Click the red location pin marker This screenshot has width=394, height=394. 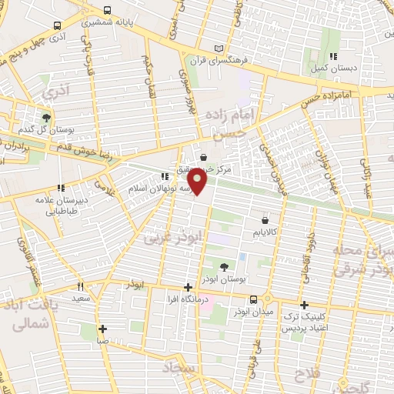pos(198,182)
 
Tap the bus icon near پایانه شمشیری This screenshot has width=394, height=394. pos(105,12)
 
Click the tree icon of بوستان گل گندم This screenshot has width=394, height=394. pos(47,118)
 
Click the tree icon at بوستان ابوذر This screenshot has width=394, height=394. pos(223,267)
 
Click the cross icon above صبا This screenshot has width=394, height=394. pos(102,329)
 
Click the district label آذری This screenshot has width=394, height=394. pos(55,92)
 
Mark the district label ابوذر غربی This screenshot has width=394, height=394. pos(166,235)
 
